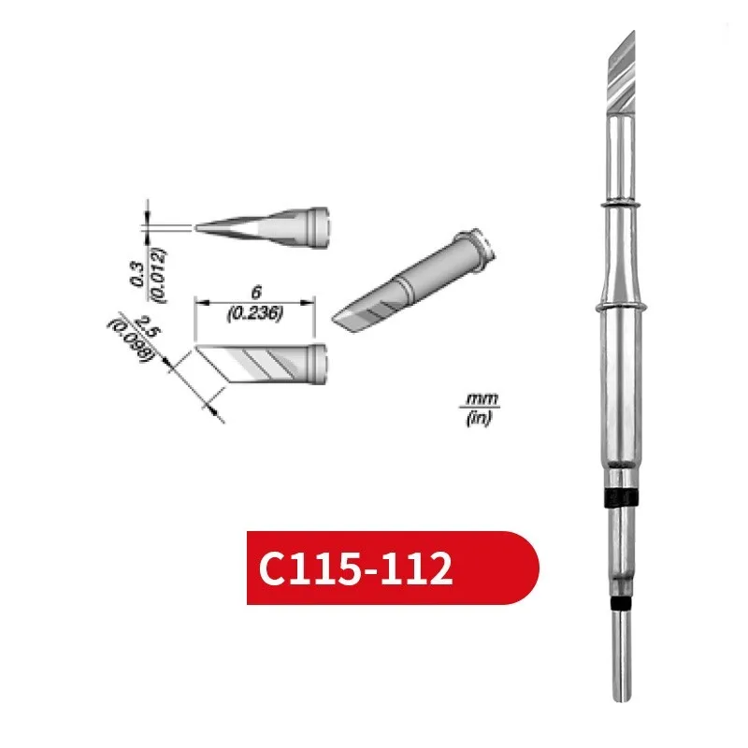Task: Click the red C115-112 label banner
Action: pos(393,568)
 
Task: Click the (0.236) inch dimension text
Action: pos(255,315)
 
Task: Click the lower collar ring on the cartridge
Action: pos(620,306)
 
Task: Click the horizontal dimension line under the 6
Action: pos(254,304)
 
